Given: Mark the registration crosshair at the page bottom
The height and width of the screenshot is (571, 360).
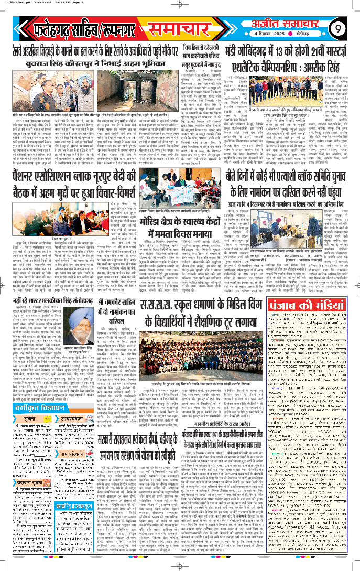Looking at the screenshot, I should point(180,566).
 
